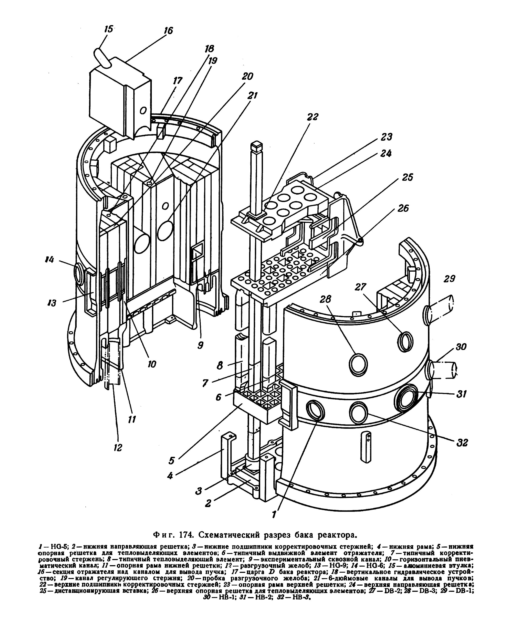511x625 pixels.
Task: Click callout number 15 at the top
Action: tap(109, 29)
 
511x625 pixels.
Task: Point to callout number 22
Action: tap(312, 117)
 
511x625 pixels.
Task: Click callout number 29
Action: tap(449, 278)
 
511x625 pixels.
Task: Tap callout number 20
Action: tap(247, 76)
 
